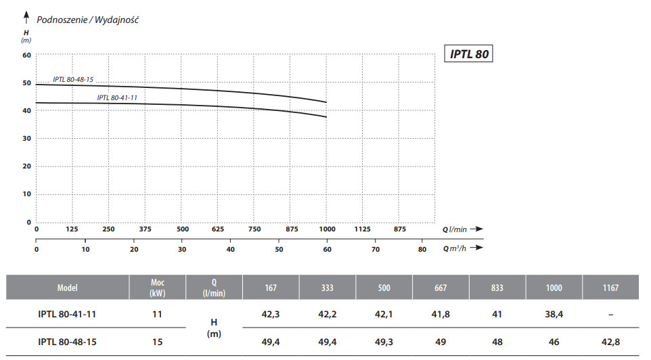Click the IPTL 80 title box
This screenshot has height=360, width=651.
click(x=468, y=54)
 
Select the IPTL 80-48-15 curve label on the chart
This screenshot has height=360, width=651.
click(x=73, y=79)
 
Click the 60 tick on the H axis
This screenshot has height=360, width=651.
click(x=27, y=55)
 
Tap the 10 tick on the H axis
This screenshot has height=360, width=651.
click(x=27, y=194)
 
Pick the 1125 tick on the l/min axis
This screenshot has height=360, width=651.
click(x=363, y=229)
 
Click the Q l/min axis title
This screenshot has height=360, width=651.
click(x=456, y=229)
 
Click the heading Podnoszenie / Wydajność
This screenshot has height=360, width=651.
click(x=88, y=20)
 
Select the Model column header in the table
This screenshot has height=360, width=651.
click(x=67, y=288)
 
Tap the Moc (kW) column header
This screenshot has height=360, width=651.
click(x=157, y=288)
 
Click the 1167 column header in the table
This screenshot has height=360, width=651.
click(x=610, y=288)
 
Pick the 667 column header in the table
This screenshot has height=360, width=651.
click(x=441, y=288)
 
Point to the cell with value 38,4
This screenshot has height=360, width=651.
click(x=554, y=314)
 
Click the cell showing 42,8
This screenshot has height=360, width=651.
click(x=610, y=342)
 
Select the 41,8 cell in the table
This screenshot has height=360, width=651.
click(x=441, y=314)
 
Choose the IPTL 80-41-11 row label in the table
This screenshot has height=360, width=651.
click(x=67, y=314)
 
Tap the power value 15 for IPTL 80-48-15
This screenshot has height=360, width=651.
click(x=157, y=342)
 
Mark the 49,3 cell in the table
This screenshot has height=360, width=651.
click(x=384, y=342)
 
